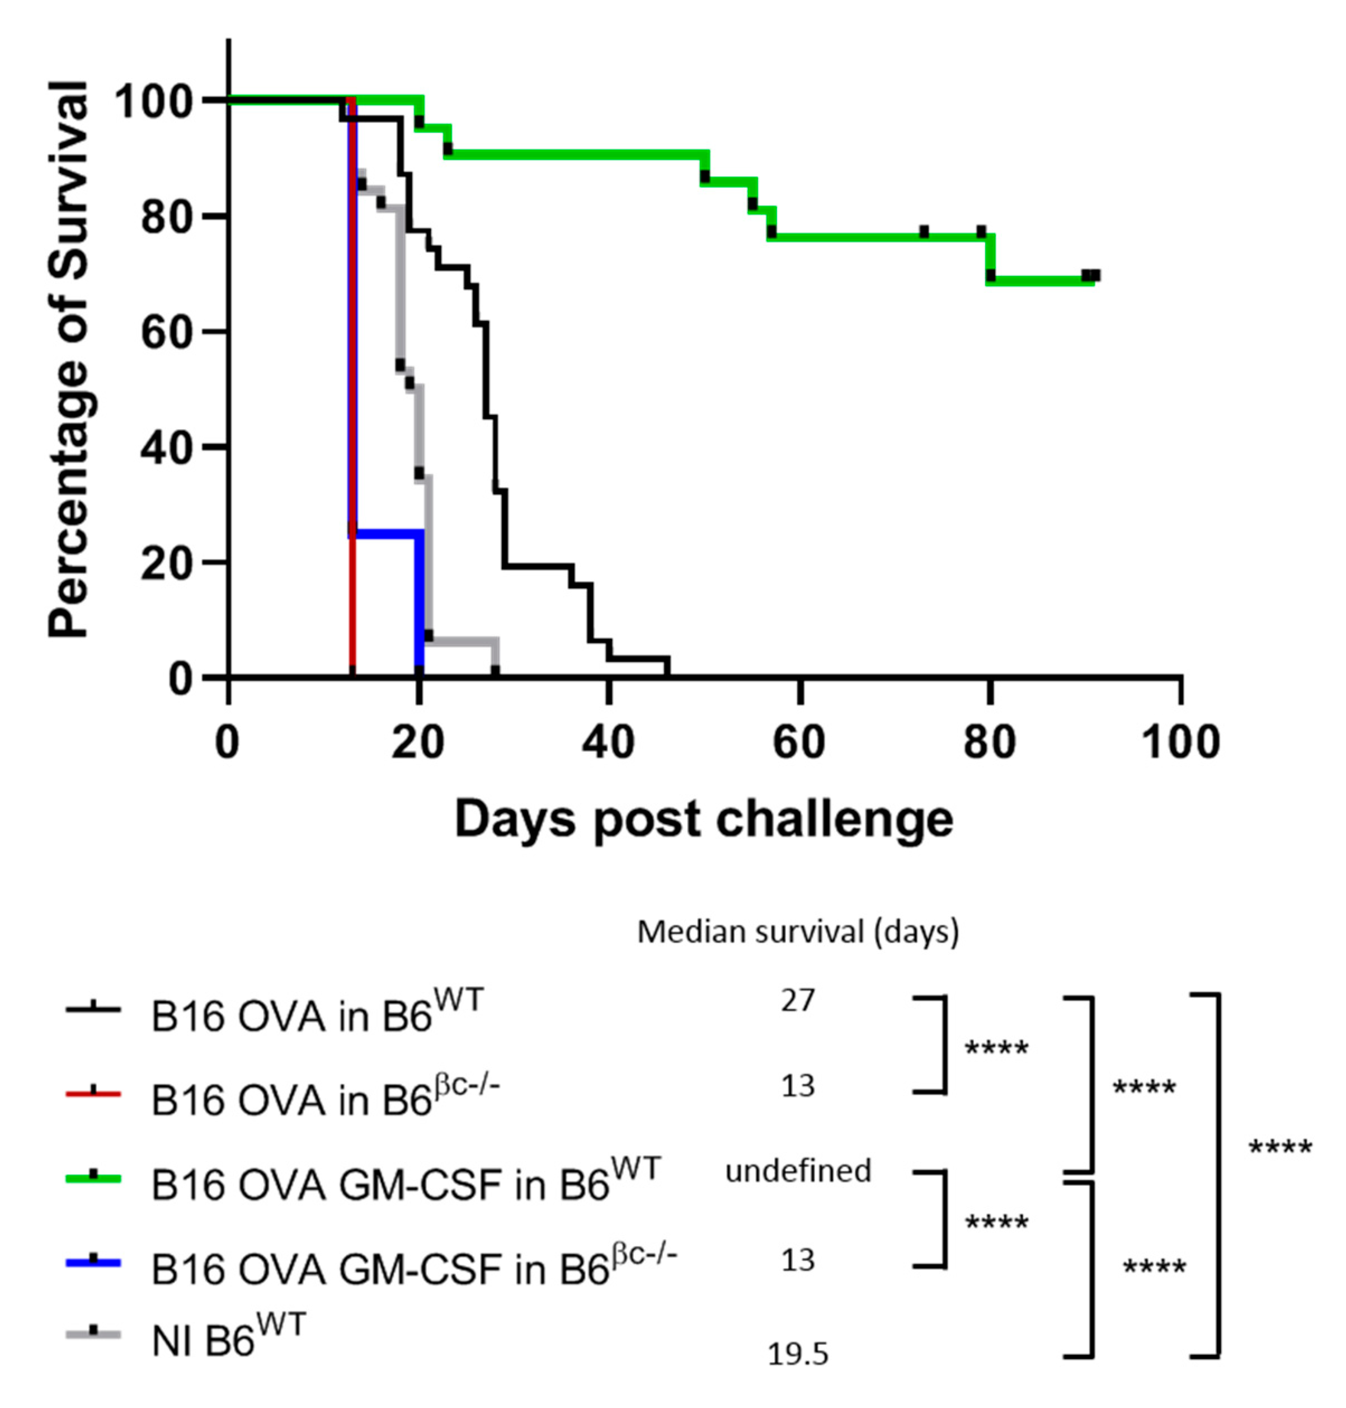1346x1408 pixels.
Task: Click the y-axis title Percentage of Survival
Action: coord(69,359)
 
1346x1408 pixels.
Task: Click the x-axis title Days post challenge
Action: coord(704,819)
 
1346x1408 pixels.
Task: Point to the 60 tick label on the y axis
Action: coord(167,332)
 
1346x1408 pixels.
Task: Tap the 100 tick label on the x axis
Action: coord(1180,742)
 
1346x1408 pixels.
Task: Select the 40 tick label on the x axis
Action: coord(609,742)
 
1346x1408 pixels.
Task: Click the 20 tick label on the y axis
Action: coord(167,564)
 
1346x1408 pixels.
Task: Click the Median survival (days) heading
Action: coord(798,933)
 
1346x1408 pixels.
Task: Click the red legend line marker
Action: coord(93,1093)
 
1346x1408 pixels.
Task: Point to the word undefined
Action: coord(798,1171)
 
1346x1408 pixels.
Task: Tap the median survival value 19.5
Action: coord(798,1354)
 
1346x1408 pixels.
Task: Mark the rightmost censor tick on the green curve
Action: coord(1094,275)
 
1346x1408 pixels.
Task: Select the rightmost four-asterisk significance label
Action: coord(1281,1148)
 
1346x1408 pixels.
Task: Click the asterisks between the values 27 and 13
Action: coord(996,1049)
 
